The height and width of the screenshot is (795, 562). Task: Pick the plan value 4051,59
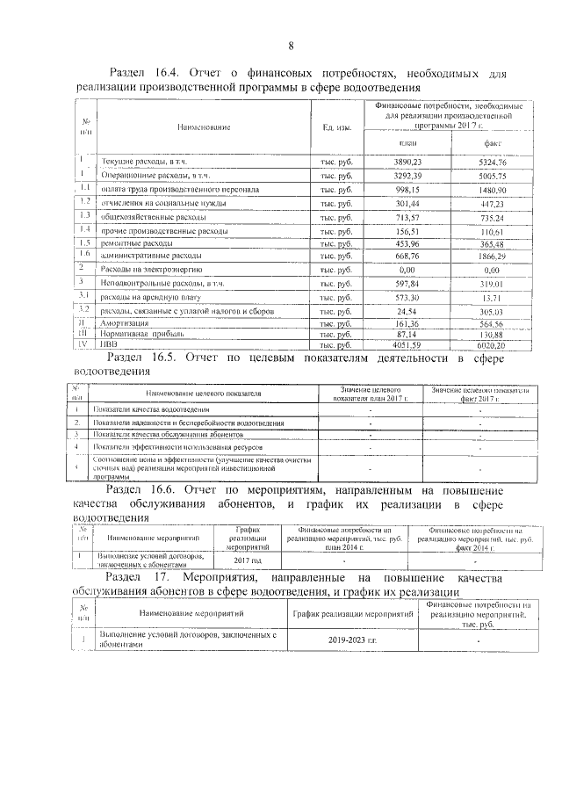click(406, 345)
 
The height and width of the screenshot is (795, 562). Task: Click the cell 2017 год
click(247, 560)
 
